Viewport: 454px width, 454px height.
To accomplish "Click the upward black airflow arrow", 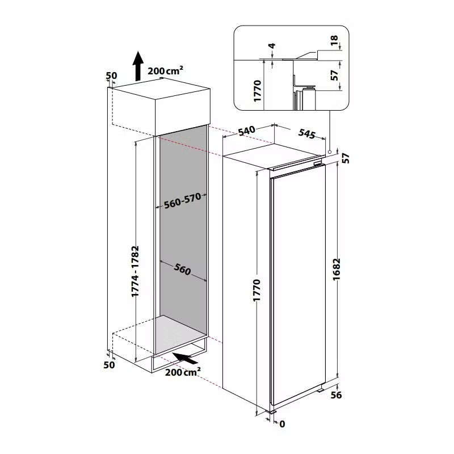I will coord(137,65).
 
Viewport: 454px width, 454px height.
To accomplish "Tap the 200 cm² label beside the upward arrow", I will coord(165,71).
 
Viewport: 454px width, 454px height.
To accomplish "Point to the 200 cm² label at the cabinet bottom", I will coord(183,372).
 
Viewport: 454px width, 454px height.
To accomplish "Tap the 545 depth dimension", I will coord(306,134).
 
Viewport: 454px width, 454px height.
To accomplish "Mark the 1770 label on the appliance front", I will coord(256,293).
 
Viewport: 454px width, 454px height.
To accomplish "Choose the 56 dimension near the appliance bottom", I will coord(337,395).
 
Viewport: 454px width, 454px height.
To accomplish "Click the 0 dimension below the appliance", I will coord(282,423).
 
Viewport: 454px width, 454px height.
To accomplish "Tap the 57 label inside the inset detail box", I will coord(335,74).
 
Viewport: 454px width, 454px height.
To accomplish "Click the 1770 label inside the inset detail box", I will coord(257,91).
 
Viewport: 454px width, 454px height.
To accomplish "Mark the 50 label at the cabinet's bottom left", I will coord(110,365).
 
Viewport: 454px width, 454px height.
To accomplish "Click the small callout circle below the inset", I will coord(329,145).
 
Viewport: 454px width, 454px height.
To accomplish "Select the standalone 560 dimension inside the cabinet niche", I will coord(182,270).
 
